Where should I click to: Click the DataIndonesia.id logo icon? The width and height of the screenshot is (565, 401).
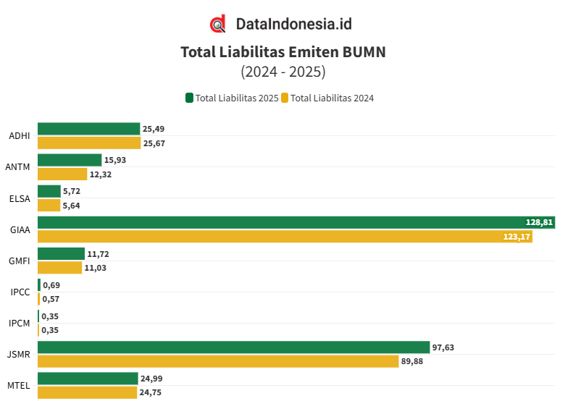click(218, 24)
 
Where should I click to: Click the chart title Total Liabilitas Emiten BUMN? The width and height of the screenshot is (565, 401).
click(282, 52)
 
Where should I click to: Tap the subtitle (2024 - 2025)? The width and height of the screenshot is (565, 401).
click(282, 72)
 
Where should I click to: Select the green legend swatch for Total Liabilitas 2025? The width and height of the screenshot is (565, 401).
click(190, 98)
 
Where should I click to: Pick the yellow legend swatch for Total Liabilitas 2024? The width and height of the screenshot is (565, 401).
click(285, 98)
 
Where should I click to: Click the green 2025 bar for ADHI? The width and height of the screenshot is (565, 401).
click(88, 129)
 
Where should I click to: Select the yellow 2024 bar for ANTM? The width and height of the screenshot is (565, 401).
click(63, 174)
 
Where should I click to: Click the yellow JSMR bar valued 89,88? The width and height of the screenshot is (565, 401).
click(218, 361)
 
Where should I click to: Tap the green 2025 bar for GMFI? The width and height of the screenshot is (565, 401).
click(61, 253)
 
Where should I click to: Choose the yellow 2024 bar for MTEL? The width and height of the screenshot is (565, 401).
click(87, 392)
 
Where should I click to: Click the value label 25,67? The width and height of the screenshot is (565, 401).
click(154, 143)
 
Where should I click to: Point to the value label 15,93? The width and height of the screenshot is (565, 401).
click(116, 160)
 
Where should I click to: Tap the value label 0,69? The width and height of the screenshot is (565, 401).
click(51, 285)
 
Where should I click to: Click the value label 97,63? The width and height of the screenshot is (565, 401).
click(443, 347)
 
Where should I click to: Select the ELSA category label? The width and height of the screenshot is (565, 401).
click(20, 198)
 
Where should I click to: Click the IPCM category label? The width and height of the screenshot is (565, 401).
click(20, 323)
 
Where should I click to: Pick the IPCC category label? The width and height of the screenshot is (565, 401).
click(20, 292)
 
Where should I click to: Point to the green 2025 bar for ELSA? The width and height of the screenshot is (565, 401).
click(49, 191)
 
